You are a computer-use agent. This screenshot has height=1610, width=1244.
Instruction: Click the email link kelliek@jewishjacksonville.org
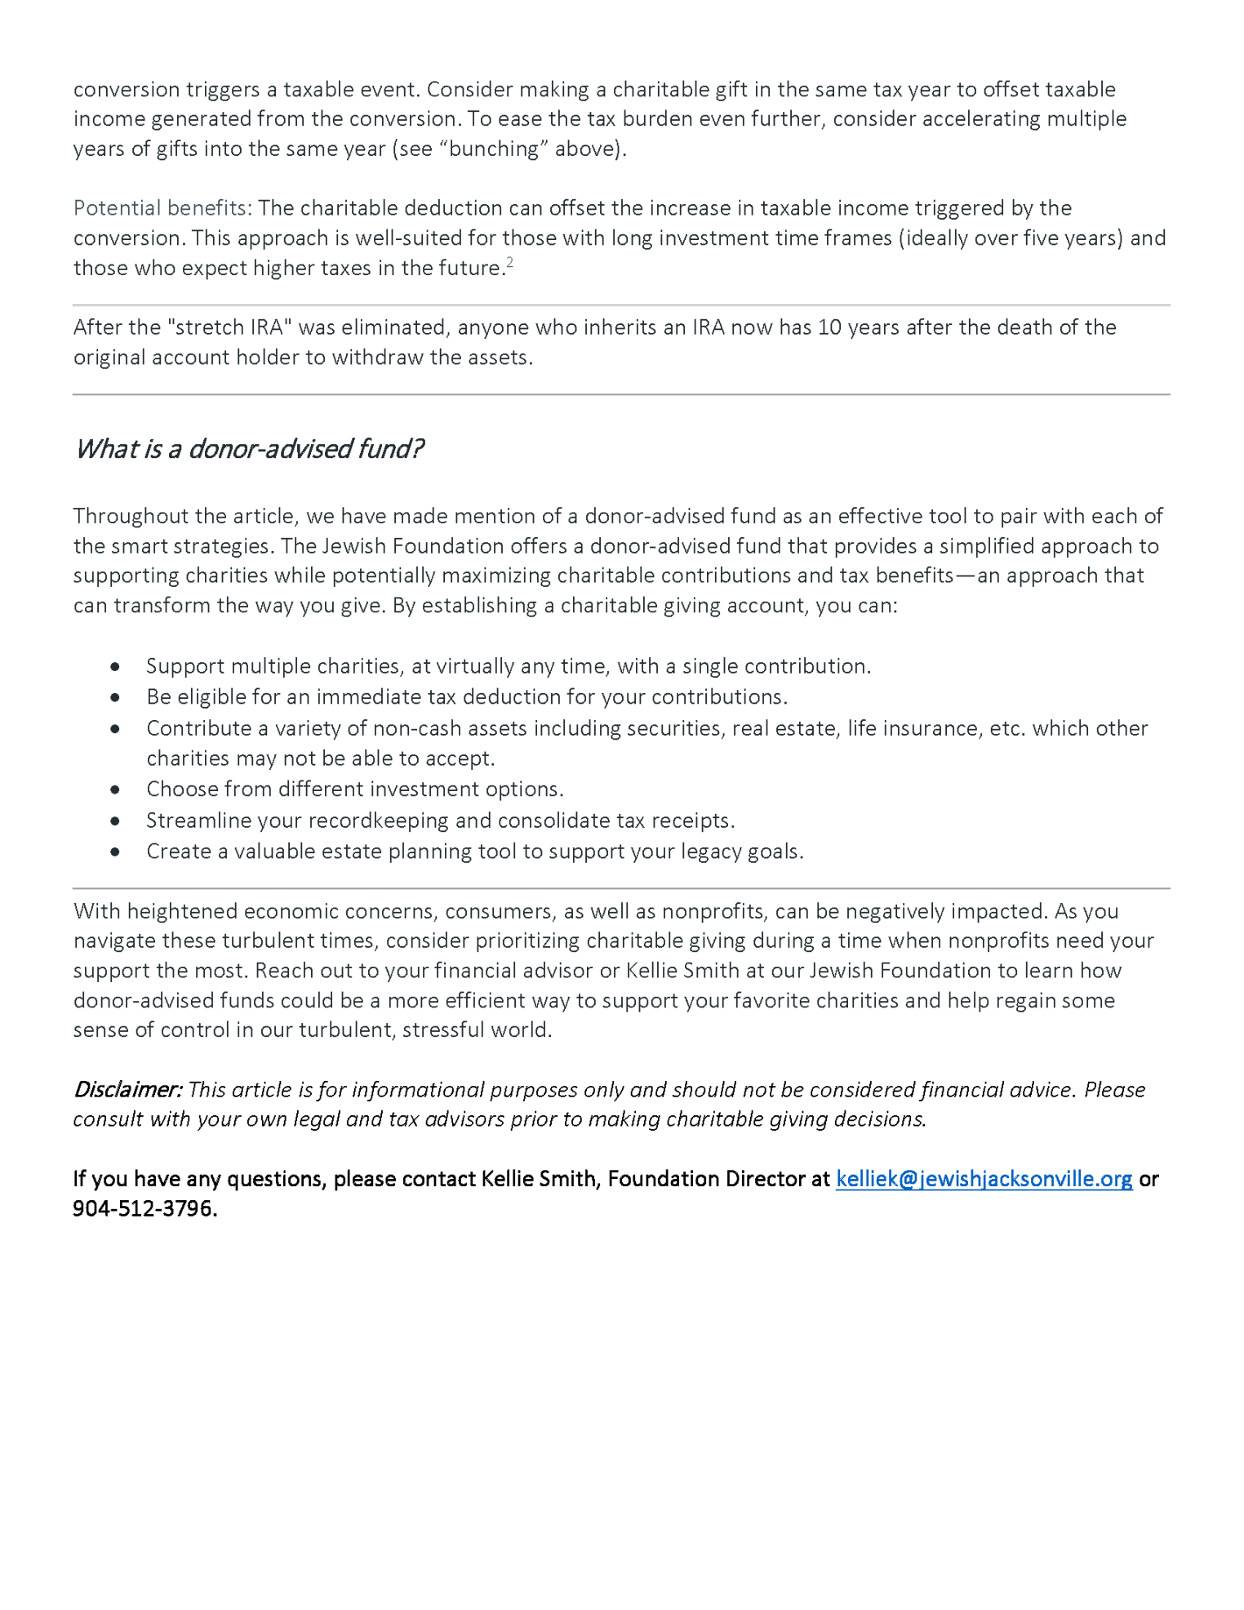point(984,1179)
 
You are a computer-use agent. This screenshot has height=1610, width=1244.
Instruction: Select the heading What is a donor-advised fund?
point(249,449)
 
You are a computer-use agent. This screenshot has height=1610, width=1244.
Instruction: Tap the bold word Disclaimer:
point(127,1090)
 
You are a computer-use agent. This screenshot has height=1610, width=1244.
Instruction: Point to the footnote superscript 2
point(510,262)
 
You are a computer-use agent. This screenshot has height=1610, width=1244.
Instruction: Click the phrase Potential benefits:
point(162,208)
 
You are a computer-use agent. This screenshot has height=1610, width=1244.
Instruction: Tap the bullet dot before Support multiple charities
point(115,667)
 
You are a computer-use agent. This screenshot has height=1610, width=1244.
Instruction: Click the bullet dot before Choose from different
point(115,789)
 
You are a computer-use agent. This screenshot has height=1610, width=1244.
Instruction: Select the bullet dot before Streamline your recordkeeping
point(115,821)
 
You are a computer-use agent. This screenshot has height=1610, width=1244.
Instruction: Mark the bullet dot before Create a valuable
point(115,852)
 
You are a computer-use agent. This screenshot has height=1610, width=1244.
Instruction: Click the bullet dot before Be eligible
point(115,697)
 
